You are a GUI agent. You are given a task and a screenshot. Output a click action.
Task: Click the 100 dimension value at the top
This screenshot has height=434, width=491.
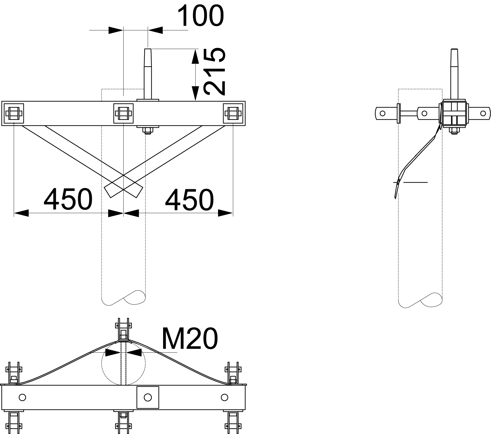tap(201, 15)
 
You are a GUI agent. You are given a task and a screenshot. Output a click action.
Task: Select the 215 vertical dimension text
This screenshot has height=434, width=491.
tap(214, 71)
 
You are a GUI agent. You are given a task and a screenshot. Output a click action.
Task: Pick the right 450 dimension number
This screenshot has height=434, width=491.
tap(189, 199)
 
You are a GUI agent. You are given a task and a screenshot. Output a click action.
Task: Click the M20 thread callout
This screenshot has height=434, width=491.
tap(190, 339)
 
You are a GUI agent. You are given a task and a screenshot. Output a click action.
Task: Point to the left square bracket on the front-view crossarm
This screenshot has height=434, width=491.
tap(13, 113)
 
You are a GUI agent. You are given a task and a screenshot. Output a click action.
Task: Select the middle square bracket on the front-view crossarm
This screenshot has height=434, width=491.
tap(123, 113)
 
